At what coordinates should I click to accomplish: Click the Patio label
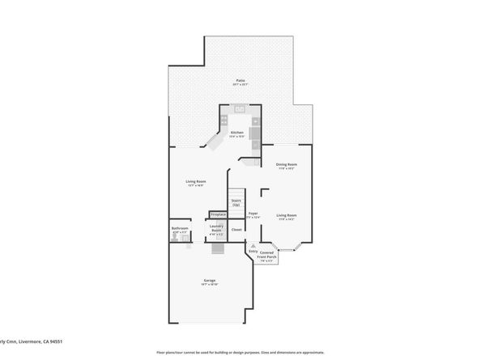(x=240, y=81)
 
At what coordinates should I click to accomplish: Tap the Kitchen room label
(x=237, y=133)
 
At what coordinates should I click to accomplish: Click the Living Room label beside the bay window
(x=287, y=216)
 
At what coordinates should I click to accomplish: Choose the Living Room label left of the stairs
(x=196, y=182)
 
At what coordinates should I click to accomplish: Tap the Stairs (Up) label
(x=236, y=201)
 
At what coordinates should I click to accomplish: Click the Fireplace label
(x=218, y=214)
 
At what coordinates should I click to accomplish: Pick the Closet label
(x=236, y=230)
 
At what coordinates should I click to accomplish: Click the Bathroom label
(x=180, y=230)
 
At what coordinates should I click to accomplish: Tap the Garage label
(x=210, y=282)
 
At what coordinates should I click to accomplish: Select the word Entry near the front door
(x=253, y=251)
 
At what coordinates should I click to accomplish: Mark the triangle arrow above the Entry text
(x=253, y=244)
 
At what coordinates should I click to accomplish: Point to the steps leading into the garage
(x=216, y=249)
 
